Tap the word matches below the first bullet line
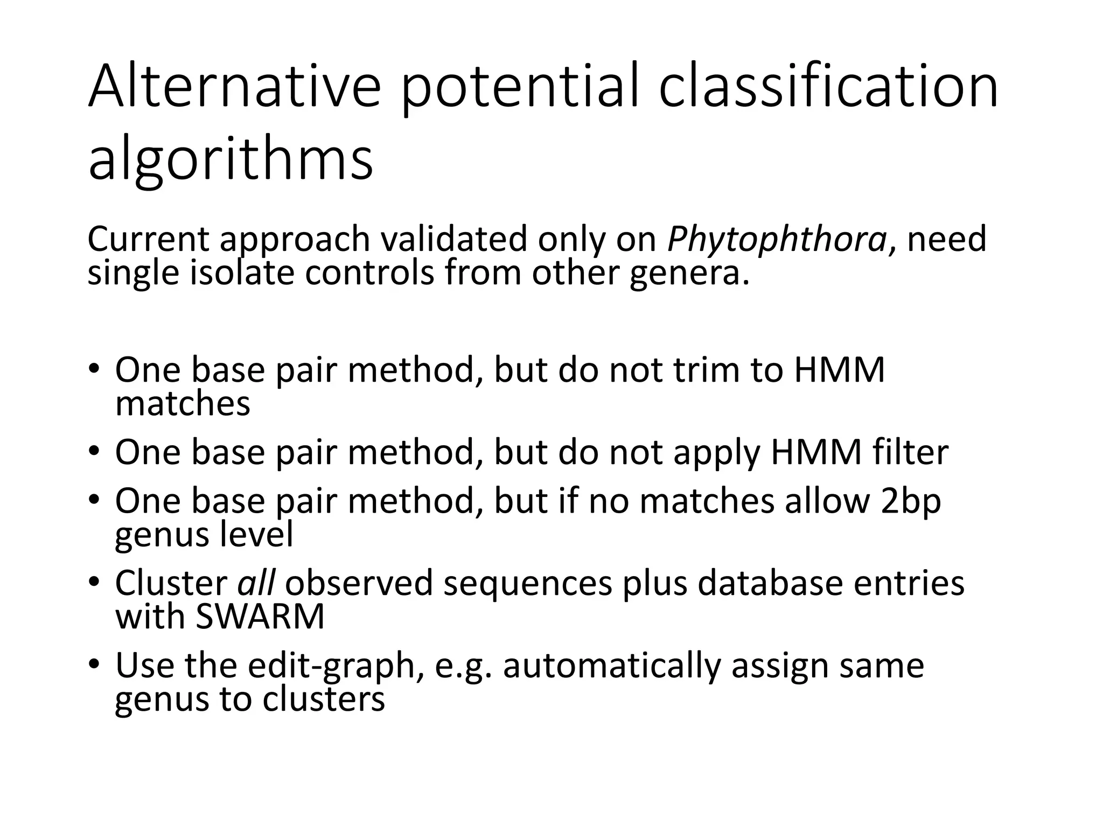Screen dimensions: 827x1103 [183, 404]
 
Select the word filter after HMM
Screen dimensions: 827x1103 [911, 452]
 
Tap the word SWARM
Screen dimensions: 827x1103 [260, 617]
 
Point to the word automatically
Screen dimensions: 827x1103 [612, 665]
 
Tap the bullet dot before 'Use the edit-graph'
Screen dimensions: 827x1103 [95, 663]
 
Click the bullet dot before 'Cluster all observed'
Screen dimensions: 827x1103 [95, 581]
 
